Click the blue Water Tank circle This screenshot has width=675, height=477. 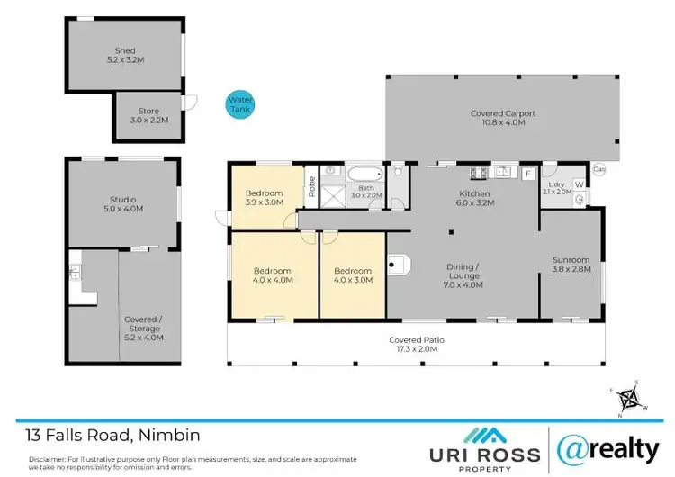pos(239,103)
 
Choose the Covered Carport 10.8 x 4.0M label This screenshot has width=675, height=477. pos(502,118)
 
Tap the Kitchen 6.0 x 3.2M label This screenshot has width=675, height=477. pos(474,198)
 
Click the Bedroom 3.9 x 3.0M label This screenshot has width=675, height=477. pos(264,198)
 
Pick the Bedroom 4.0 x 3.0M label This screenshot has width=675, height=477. pos(352,275)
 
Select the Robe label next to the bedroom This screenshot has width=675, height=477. pos(311,186)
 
